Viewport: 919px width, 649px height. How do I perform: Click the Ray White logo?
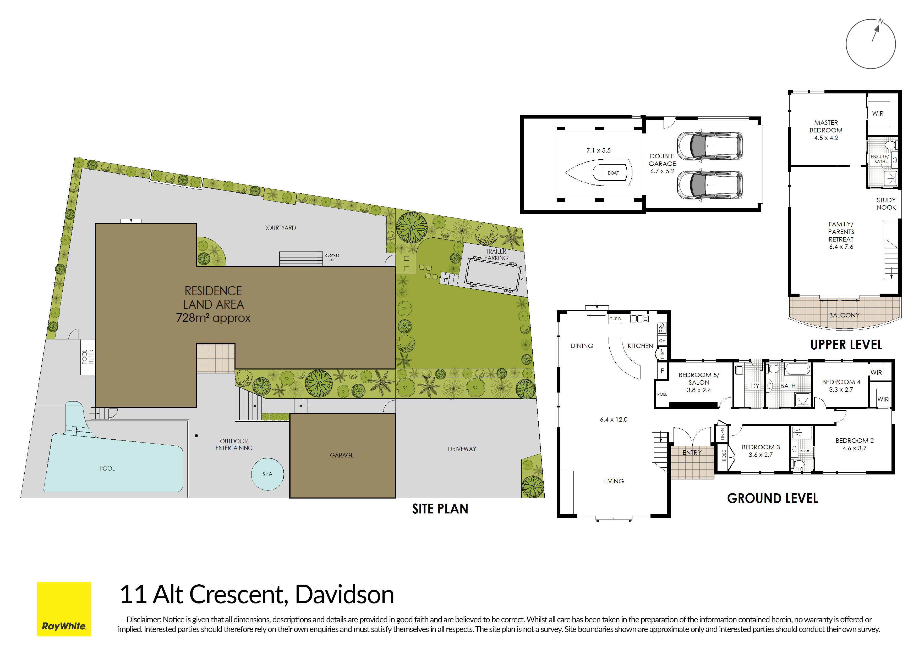point(64,609)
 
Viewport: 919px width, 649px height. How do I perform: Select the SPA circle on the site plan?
point(267,474)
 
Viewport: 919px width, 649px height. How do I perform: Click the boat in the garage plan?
point(598,173)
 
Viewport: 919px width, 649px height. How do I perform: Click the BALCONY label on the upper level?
point(844,315)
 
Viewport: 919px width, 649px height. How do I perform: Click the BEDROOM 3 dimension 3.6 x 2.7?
point(761,455)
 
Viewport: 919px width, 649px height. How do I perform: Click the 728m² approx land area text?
point(213,318)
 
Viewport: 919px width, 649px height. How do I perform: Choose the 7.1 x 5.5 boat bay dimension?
point(598,150)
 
